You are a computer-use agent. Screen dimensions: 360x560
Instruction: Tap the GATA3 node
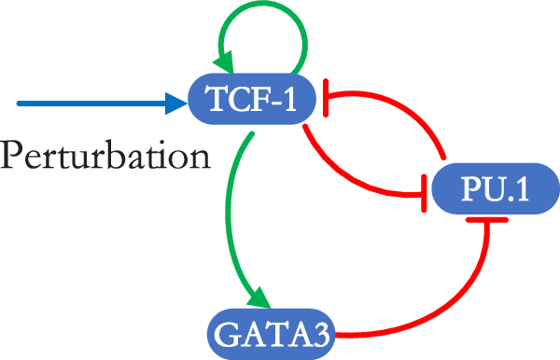pos(271,331)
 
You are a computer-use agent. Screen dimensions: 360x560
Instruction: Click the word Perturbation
pos(105,152)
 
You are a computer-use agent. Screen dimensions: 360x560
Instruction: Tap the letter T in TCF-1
pos(213,96)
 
